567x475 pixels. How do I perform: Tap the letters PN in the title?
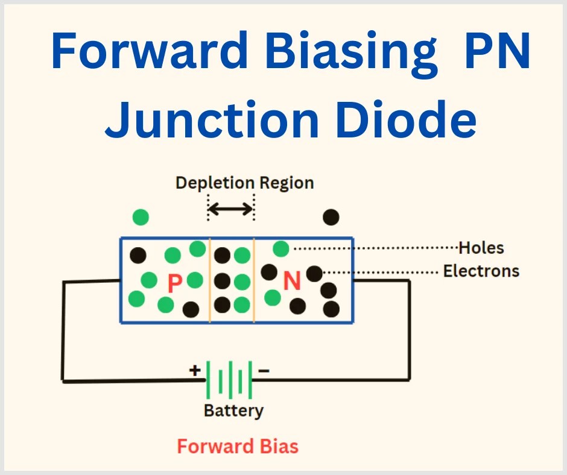coord(495,52)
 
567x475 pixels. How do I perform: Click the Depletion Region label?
coord(244,183)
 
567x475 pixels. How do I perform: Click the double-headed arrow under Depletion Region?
coord(230,209)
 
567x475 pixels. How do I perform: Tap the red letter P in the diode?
coord(174,283)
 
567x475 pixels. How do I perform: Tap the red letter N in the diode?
coord(292,282)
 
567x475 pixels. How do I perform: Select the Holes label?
coord(481,248)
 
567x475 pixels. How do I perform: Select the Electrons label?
coord(481,271)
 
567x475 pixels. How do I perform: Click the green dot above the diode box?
coord(141,217)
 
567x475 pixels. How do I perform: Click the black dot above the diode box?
coord(331,217)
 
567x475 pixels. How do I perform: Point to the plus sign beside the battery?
coord(195,370)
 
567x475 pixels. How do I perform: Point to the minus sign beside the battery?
coord(264,370)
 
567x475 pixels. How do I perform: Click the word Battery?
coord(233,411)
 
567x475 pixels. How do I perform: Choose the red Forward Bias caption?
coord(237,447)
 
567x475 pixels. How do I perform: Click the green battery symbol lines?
coord(229,380)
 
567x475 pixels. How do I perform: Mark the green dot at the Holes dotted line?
coord(280,248)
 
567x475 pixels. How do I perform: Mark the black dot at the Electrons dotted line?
coord(314,274)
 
